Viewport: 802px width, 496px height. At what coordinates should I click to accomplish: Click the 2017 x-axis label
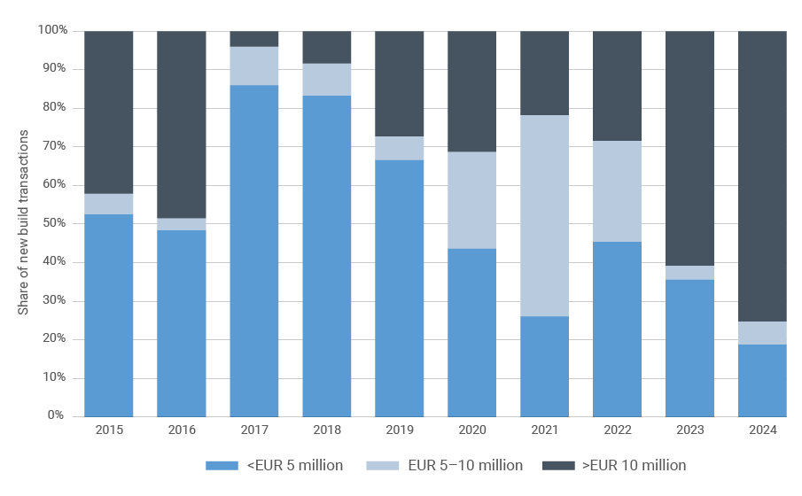pos(254,430)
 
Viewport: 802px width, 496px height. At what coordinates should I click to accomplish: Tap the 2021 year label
pos(545,430)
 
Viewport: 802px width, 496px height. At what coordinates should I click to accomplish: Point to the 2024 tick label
pos(762,430)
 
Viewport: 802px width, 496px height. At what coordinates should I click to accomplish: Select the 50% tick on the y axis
pos(53,223)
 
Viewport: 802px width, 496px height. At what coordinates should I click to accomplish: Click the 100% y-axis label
pos(51,31)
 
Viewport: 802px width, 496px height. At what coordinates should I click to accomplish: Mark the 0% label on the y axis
pos(56,415)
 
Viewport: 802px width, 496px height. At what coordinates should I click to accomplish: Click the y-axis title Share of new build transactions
pos(24,223)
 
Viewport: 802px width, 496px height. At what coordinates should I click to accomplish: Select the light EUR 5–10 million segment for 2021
pos(545,215)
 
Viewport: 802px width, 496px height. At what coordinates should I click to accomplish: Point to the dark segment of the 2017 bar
pos(254,39)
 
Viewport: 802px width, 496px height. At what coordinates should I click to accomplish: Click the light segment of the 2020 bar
pos(472,200)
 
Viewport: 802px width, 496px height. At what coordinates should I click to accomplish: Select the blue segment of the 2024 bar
pos(762,380)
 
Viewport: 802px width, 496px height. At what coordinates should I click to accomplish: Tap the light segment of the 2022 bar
pos(618,191)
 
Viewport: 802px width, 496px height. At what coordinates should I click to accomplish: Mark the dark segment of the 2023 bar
pos(689,148)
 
